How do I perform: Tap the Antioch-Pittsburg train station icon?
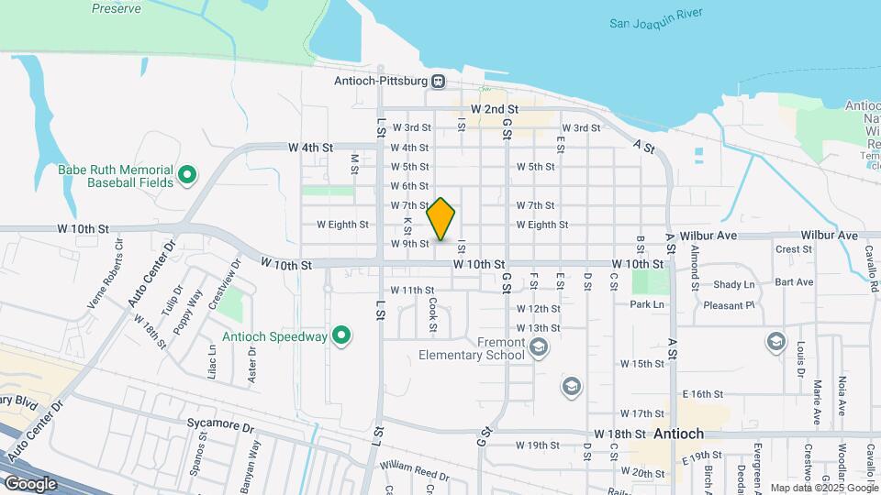pyautogui.click(x=439, y=81)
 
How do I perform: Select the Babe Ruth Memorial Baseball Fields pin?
pyautogui.click(x=187, y=174)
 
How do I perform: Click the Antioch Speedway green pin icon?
pyautogui.click(x=341, y=335)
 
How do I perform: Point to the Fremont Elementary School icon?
pyautogui.click(x=539, y=346)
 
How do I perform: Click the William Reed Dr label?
pyautogui.click(x=416, y=472)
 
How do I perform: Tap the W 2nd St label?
pyautogui.click(x=495, y=108)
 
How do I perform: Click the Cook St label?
pyautogui.click(x=432, y=313)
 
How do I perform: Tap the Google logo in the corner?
pyautogui.click(x=30, y=483)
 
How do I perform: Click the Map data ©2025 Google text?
pyautogui.click(x=824, y=488)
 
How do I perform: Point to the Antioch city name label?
pyautogui.click(x=678, y=434)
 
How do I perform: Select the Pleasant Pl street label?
pyautogui.click(x=729, y=305)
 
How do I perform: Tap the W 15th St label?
pyautogui.click(x=641, y=364)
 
